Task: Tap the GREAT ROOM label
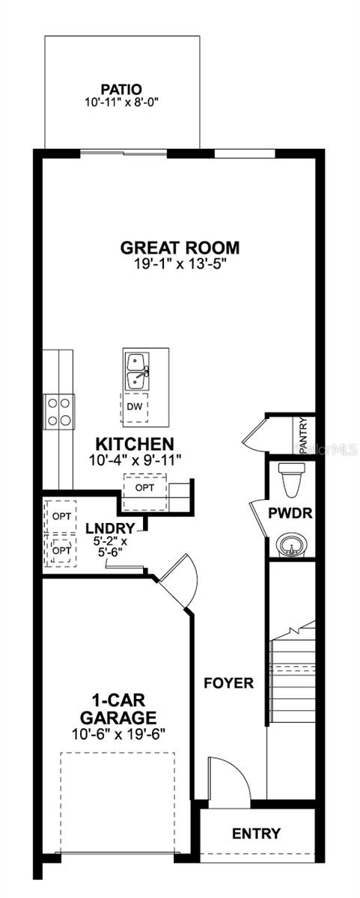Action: pos(180,248)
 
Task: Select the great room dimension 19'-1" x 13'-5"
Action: pos(180,263)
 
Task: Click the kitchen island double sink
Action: pos(135,370)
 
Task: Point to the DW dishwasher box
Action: pos(135,406)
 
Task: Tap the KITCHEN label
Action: pos(135,445)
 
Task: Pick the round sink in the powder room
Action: pos(291,545)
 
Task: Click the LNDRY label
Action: pos(110,527)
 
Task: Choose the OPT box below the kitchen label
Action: pos(144,487)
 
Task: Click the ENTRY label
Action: pos(256,833)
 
